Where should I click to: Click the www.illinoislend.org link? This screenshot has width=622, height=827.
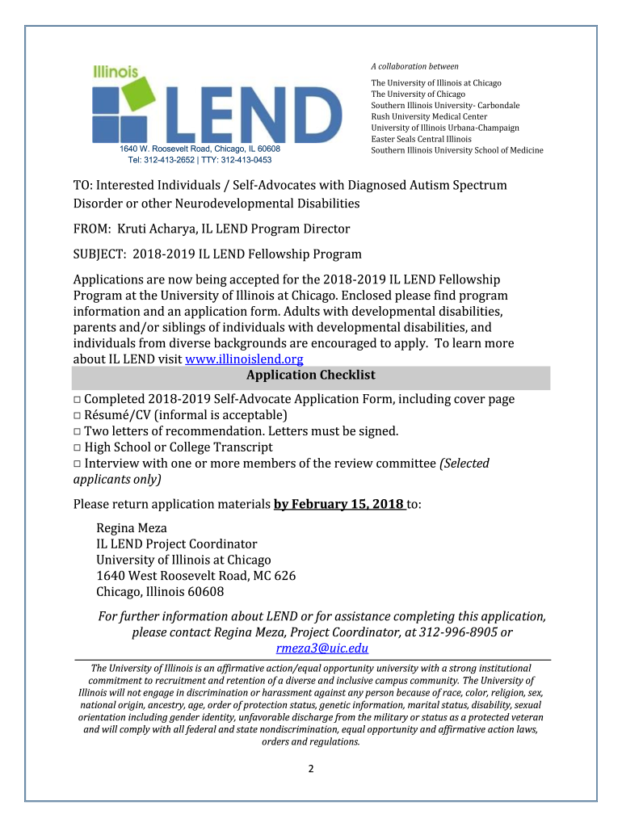pyautogui.click(x=245, y=359)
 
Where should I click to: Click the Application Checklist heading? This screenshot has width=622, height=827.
pyautogui.click(x=311, y=376)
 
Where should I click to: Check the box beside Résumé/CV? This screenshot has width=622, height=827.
pyautogui.click(x=78, y=415)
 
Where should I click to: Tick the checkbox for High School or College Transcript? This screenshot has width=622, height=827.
pyautogui.click(x=78, y=447)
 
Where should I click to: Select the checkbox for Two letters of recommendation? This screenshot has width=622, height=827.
pyautogui.click(x=78, y=431)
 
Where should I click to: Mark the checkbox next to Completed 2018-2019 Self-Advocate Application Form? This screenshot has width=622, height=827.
pyautogui.click(x=78, y=400)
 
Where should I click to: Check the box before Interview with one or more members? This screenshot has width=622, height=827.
pyautogui.click(x=78, y=464)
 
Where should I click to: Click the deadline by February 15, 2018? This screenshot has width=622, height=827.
pyautogui.click(x=339, y=505)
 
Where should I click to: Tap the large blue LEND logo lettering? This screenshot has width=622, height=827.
pyautogui.click(x=242, y=113)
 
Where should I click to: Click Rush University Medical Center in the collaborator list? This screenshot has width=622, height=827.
pyautogui.click(x=429, y=116)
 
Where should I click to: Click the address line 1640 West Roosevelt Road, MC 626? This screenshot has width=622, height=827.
pyautogui.click(x=195, y=576)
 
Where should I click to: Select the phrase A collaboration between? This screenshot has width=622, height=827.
pyautogui.click(x=414, y=66)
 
